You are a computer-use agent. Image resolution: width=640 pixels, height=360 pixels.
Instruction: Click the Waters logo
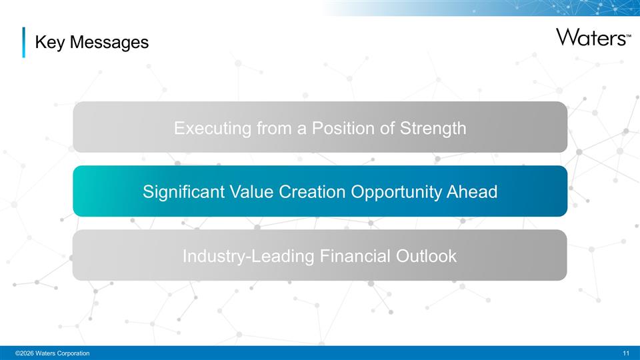click(591, 37)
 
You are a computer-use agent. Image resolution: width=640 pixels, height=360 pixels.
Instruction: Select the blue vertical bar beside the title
click(24, 42)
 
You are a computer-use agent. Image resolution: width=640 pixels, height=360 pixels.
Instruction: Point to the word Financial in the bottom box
click(354, 256)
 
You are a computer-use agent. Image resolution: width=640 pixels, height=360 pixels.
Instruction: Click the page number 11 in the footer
click(625, 352)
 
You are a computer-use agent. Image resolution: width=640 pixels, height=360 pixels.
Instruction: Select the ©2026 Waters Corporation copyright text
click(47, 352)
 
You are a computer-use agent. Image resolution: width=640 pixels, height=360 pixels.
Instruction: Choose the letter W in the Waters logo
click(567, 37)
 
